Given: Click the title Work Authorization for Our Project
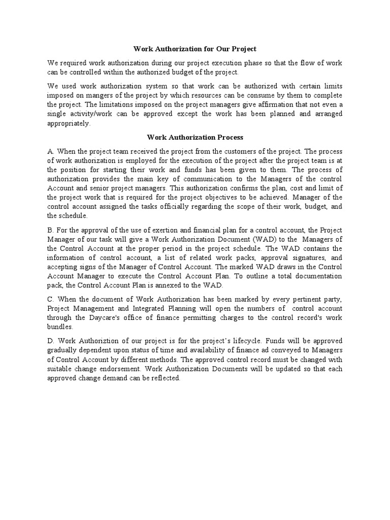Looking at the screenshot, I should click(195, 49).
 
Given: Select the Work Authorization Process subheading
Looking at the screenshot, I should click(195, 137).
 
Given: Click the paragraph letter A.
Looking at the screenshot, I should click(50, 151).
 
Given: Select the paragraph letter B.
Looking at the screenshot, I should click(50, 230).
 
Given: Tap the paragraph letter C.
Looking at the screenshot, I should click(50, 300).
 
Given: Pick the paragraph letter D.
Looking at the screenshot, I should click(51, 340).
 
